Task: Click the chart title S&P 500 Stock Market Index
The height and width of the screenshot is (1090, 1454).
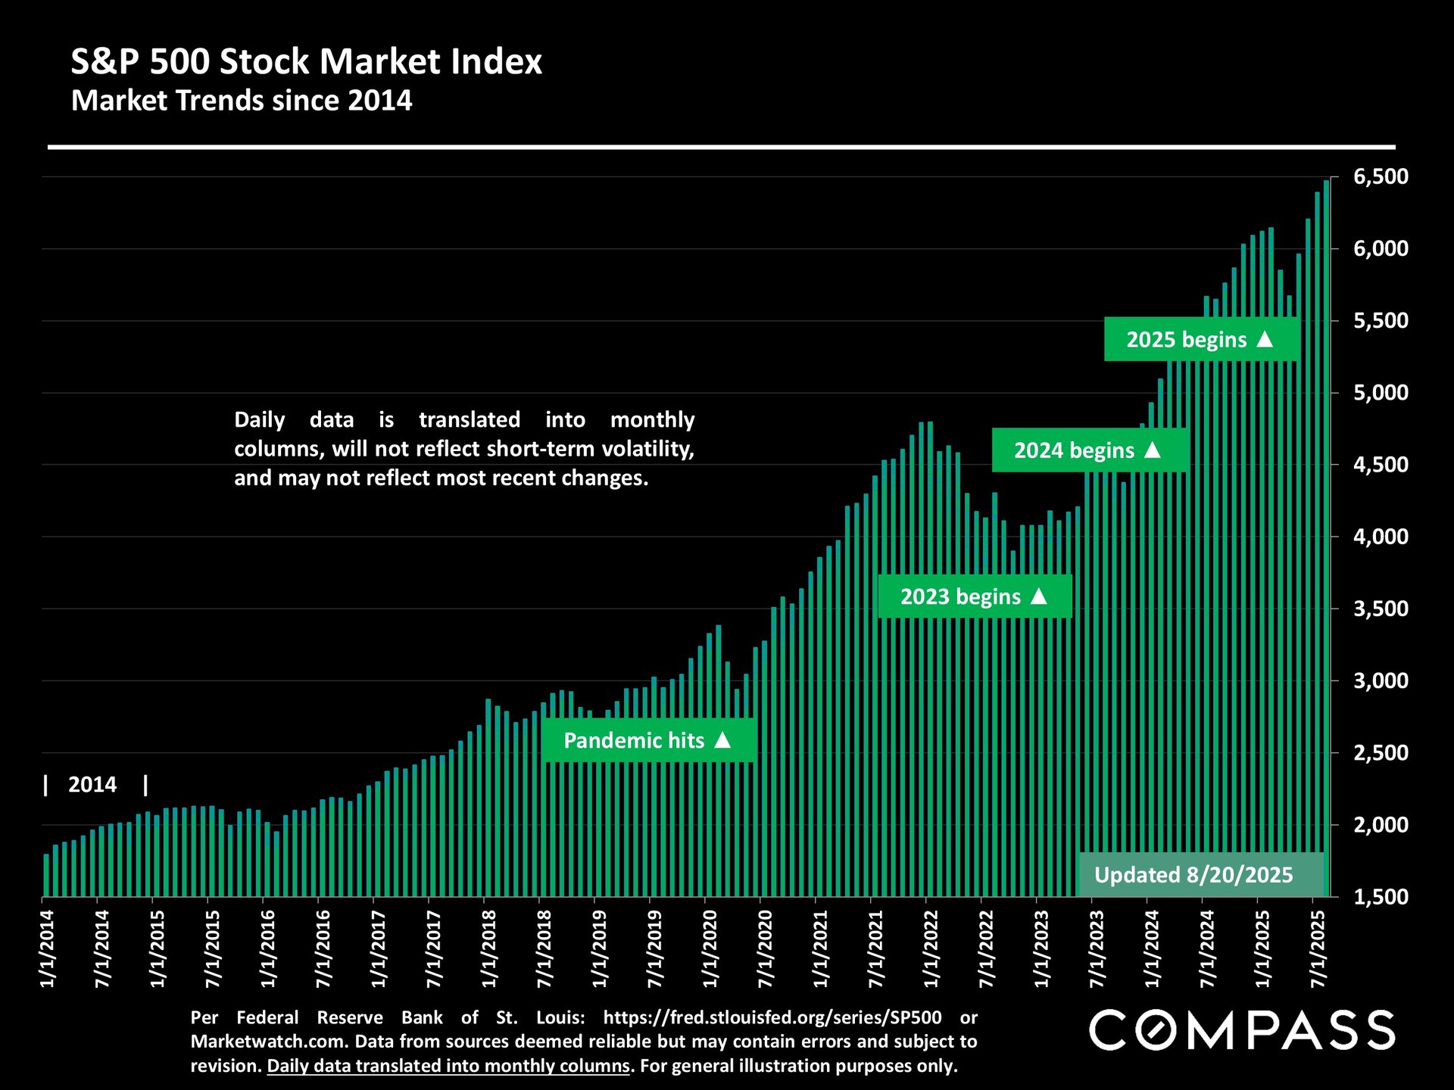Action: pos(306,62)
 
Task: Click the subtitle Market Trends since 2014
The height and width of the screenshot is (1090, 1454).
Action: pos(242,101)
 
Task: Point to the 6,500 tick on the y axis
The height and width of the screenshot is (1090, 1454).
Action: pos(1380,177)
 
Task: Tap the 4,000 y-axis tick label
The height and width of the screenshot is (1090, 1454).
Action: pos(1380,537)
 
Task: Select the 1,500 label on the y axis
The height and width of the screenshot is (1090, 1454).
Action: pos(1380,897)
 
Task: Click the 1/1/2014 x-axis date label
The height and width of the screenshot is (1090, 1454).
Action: pos(48,948)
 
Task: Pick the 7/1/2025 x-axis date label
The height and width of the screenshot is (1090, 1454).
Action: pos(1318,948)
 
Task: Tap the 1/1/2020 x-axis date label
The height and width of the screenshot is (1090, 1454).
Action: pos(710,948)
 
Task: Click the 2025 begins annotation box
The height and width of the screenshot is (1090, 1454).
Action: pos(1201,339)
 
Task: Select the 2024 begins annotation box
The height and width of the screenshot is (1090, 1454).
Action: pos(1088,450)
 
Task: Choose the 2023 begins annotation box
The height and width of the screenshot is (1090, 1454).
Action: pos(975,596)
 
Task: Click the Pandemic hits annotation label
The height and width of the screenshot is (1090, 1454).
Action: pos(647,740)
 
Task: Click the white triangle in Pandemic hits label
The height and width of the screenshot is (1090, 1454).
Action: pos(723,740)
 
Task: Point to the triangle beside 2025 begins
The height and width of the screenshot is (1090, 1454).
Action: pos(1265,338)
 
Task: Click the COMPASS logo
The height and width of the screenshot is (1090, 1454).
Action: pos(1241,1030)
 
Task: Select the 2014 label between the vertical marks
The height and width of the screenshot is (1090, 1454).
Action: pos(92,785)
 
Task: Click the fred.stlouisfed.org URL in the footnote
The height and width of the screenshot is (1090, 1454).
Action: pos(772,1017)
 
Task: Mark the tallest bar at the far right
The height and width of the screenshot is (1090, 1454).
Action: pos(1326,537)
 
